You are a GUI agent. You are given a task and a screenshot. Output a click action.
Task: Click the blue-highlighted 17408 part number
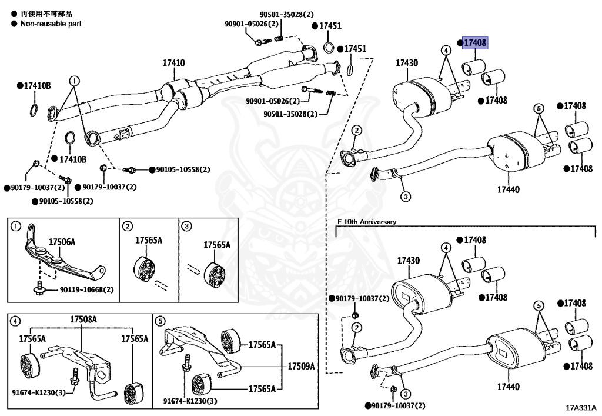tap(475, 43)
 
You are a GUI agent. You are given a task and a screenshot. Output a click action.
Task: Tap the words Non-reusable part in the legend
tap(51, 24)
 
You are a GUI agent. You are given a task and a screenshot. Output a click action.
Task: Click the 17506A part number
tap(62, 242)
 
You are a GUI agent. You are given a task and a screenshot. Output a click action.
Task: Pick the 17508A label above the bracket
tap(83, 320)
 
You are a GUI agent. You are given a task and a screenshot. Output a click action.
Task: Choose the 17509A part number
tap(301, 366)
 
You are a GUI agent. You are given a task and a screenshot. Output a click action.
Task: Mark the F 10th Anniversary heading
tap(367, 222)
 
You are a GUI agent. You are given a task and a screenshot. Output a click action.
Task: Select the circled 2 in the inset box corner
tap(127, 225)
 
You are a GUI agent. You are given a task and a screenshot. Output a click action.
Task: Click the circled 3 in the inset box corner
tap(185, 225)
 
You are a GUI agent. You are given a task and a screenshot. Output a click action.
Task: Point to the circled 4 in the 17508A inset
tap(15, 321)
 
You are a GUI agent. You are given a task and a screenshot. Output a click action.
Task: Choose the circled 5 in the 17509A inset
tap(160, 321)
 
